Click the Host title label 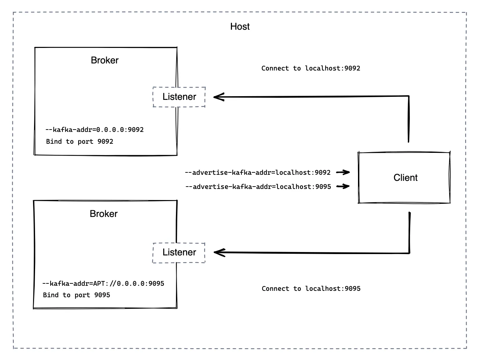[240, 26]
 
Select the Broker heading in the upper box [104, 60]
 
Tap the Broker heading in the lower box [104, 214]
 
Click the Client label [406, 177]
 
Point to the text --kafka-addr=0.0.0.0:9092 [94, 130]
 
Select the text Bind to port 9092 [80, 141]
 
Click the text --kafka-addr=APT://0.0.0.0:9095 [103, 283]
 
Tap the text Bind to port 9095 [77, 295]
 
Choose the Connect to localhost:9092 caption [311, 68]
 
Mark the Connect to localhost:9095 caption [311, 288]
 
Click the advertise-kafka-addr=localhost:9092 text [258, 172]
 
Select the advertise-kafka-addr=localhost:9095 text [258, 187]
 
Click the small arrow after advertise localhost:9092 [343, 172]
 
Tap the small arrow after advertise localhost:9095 [343, 186]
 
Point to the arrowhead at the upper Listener [219, 97]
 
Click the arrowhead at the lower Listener [219, 252]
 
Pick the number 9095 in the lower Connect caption [353, 288]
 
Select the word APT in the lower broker [99, 283]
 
